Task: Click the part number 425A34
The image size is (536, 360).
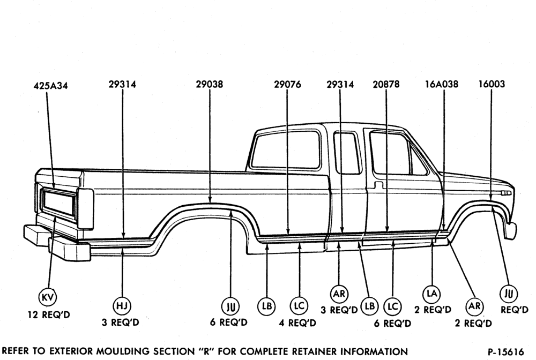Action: (x=50, y=85)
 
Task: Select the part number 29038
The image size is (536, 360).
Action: (x=209, y=84)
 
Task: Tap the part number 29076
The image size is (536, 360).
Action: (x=287, y=84)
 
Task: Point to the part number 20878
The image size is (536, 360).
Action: (x=386, y=84)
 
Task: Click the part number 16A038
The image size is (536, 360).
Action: (x=442, y=84)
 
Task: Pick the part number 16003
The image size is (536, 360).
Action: (x=492, y=84)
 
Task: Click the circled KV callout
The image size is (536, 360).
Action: (x=48, y=297)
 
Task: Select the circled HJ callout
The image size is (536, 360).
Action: (x=122, y=306)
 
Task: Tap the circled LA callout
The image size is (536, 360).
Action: (x=432, y=293)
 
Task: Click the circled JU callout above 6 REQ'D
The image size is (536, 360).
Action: (x=230, y=306)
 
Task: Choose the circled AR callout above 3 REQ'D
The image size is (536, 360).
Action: (x=339, y=294)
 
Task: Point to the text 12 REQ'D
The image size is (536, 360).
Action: (x=49, y=314)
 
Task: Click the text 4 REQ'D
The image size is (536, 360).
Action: (x=297, y=323)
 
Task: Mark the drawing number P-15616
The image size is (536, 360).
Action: (x=506, y=352)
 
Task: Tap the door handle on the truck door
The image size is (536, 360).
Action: (x=378, y=185)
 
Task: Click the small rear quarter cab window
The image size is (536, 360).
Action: (x=347, y=153)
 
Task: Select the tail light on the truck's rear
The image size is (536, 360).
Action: (x=85, y=208)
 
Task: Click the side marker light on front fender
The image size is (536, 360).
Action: (x=506, y=193)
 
